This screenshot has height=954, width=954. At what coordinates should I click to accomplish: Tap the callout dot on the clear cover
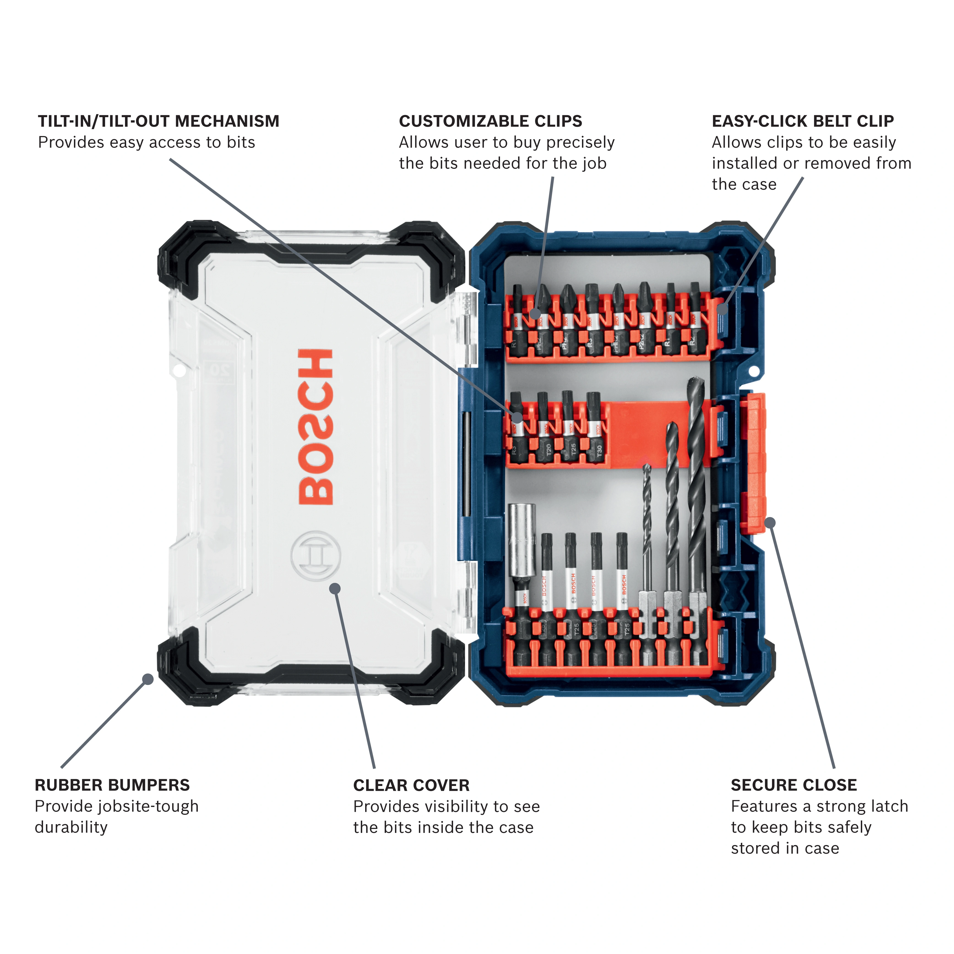click(335, 588)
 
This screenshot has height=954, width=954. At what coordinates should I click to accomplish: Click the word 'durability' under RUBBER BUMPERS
click(71, 827)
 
